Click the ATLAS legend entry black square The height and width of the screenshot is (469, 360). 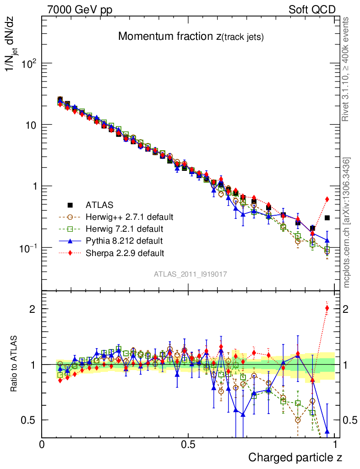click(x=70, y=205)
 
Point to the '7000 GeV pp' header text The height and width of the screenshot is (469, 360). click(x=80, y=9)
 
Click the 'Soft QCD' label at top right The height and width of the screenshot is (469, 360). click(x=312, y=9)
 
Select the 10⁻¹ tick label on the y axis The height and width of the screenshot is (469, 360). click(x=28, y=247)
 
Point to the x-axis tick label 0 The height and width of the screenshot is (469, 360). click(x=42, y=444)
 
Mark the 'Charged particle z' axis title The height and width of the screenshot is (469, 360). click(x=295, y=457)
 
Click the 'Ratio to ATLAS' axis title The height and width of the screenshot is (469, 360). click(x=15, y=364)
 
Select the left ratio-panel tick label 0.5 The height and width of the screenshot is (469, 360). click(x=30, y=420)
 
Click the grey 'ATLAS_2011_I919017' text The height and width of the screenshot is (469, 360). click(x=191, y=274)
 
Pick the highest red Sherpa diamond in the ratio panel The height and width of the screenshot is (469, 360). click(x=327, y=308)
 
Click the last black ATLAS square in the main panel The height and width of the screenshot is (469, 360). click(x=327, y=218)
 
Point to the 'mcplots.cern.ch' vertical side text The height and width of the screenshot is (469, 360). click(x=347, y=222)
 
